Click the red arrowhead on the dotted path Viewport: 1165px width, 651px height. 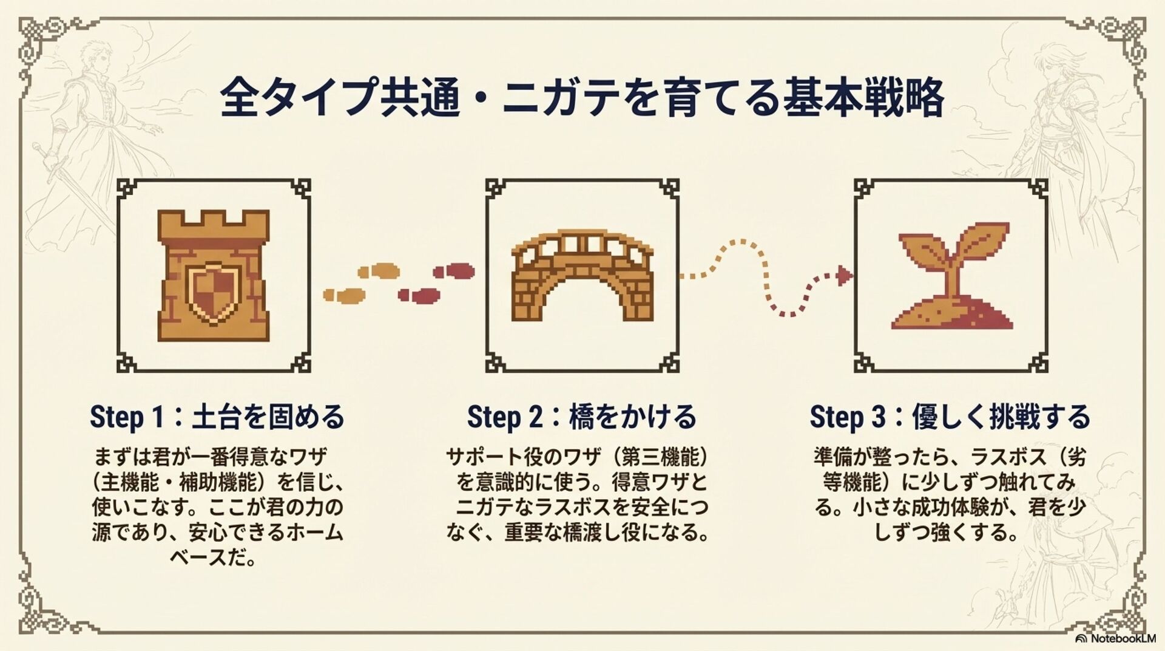844,276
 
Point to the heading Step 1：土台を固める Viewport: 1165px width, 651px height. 217,417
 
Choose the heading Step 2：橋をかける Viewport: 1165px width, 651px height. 582,417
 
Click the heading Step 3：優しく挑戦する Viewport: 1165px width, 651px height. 950,417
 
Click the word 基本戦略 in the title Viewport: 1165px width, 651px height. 863,97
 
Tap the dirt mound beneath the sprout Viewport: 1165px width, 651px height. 951,316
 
